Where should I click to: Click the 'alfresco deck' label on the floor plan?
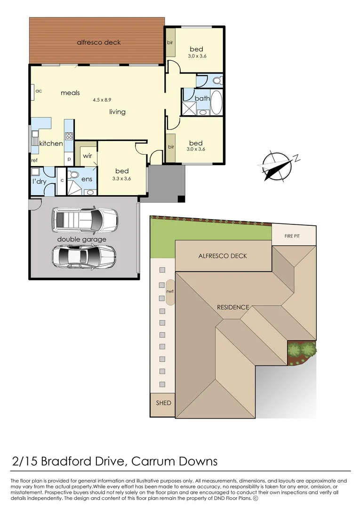99,42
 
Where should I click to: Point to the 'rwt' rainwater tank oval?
169,292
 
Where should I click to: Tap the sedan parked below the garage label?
84,256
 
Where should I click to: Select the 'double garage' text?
82,239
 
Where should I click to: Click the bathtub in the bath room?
216,102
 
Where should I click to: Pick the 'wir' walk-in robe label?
88,156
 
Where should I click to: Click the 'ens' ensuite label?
87,179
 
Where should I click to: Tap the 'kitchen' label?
51,143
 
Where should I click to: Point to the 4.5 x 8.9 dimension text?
102,100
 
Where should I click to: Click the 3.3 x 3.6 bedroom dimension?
121,178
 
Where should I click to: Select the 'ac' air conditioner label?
39,91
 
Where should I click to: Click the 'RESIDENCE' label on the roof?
233,307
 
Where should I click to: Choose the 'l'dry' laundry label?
39,182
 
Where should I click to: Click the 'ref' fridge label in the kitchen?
34,160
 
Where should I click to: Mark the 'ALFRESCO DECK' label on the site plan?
223,256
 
